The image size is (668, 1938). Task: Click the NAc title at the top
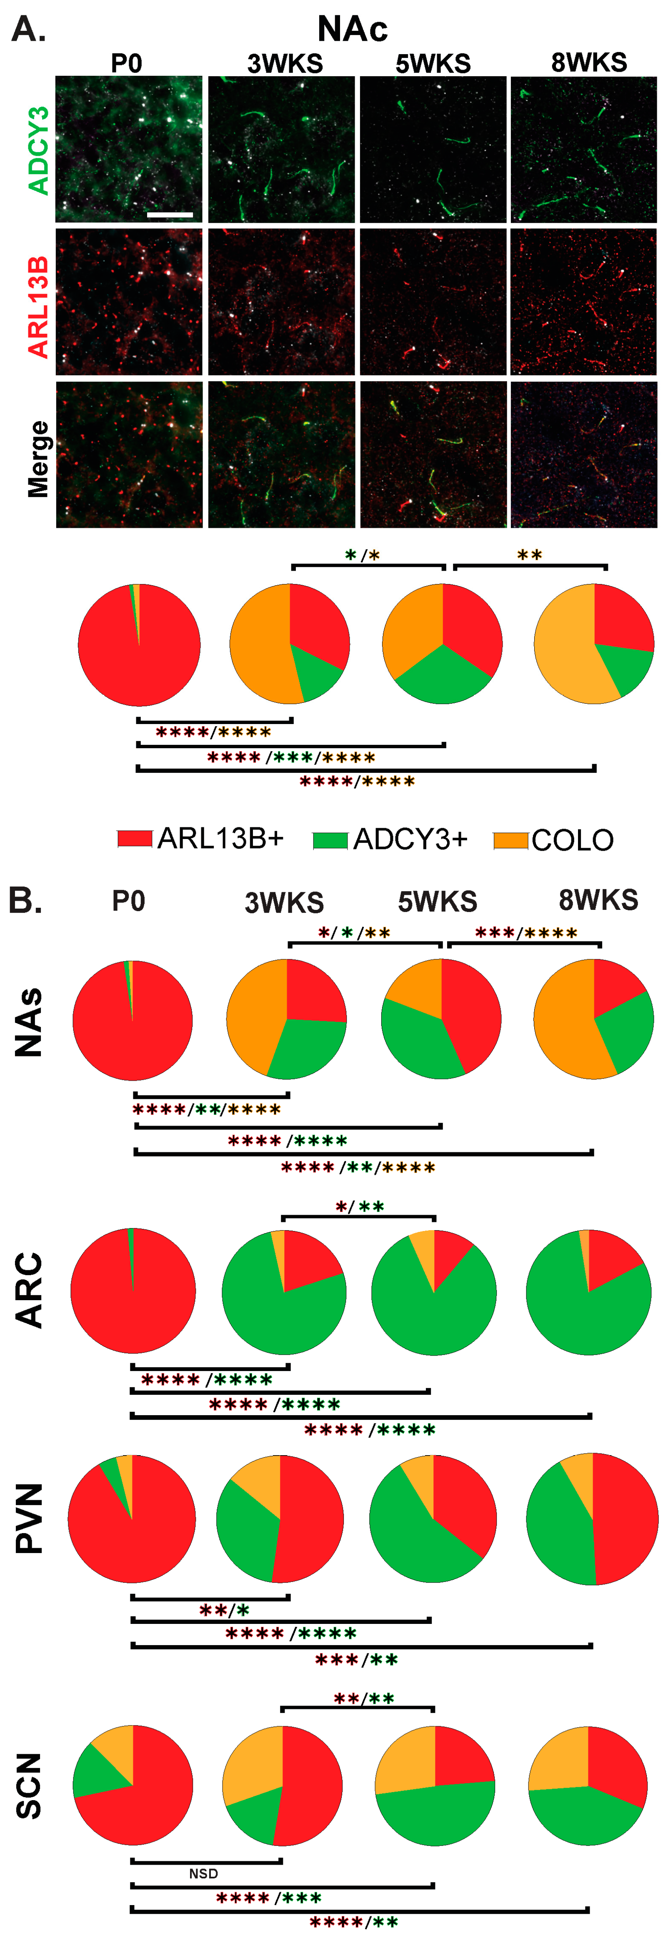tap(352, 29)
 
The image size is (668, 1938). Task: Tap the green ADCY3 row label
tap(38, 150)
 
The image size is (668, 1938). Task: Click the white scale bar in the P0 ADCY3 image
tap(170, 215)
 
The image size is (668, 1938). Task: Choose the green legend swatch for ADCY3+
tap(330, 839)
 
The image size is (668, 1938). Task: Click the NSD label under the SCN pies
tap(203, 1873)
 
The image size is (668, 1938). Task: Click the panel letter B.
tap(25, 900)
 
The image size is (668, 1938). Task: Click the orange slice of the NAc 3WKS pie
tap(260, 647)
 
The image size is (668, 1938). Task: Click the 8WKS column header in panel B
tap(598, 900)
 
